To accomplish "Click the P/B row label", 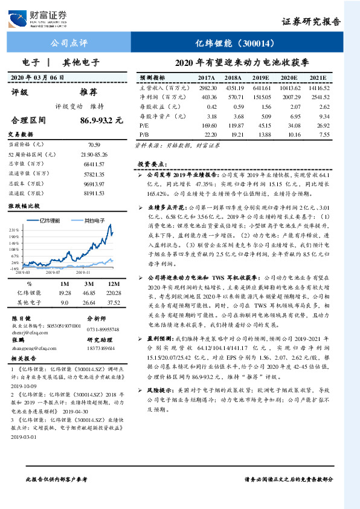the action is [144, 134].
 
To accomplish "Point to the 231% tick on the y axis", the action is [14, 230].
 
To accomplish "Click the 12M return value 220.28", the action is [114, 293].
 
